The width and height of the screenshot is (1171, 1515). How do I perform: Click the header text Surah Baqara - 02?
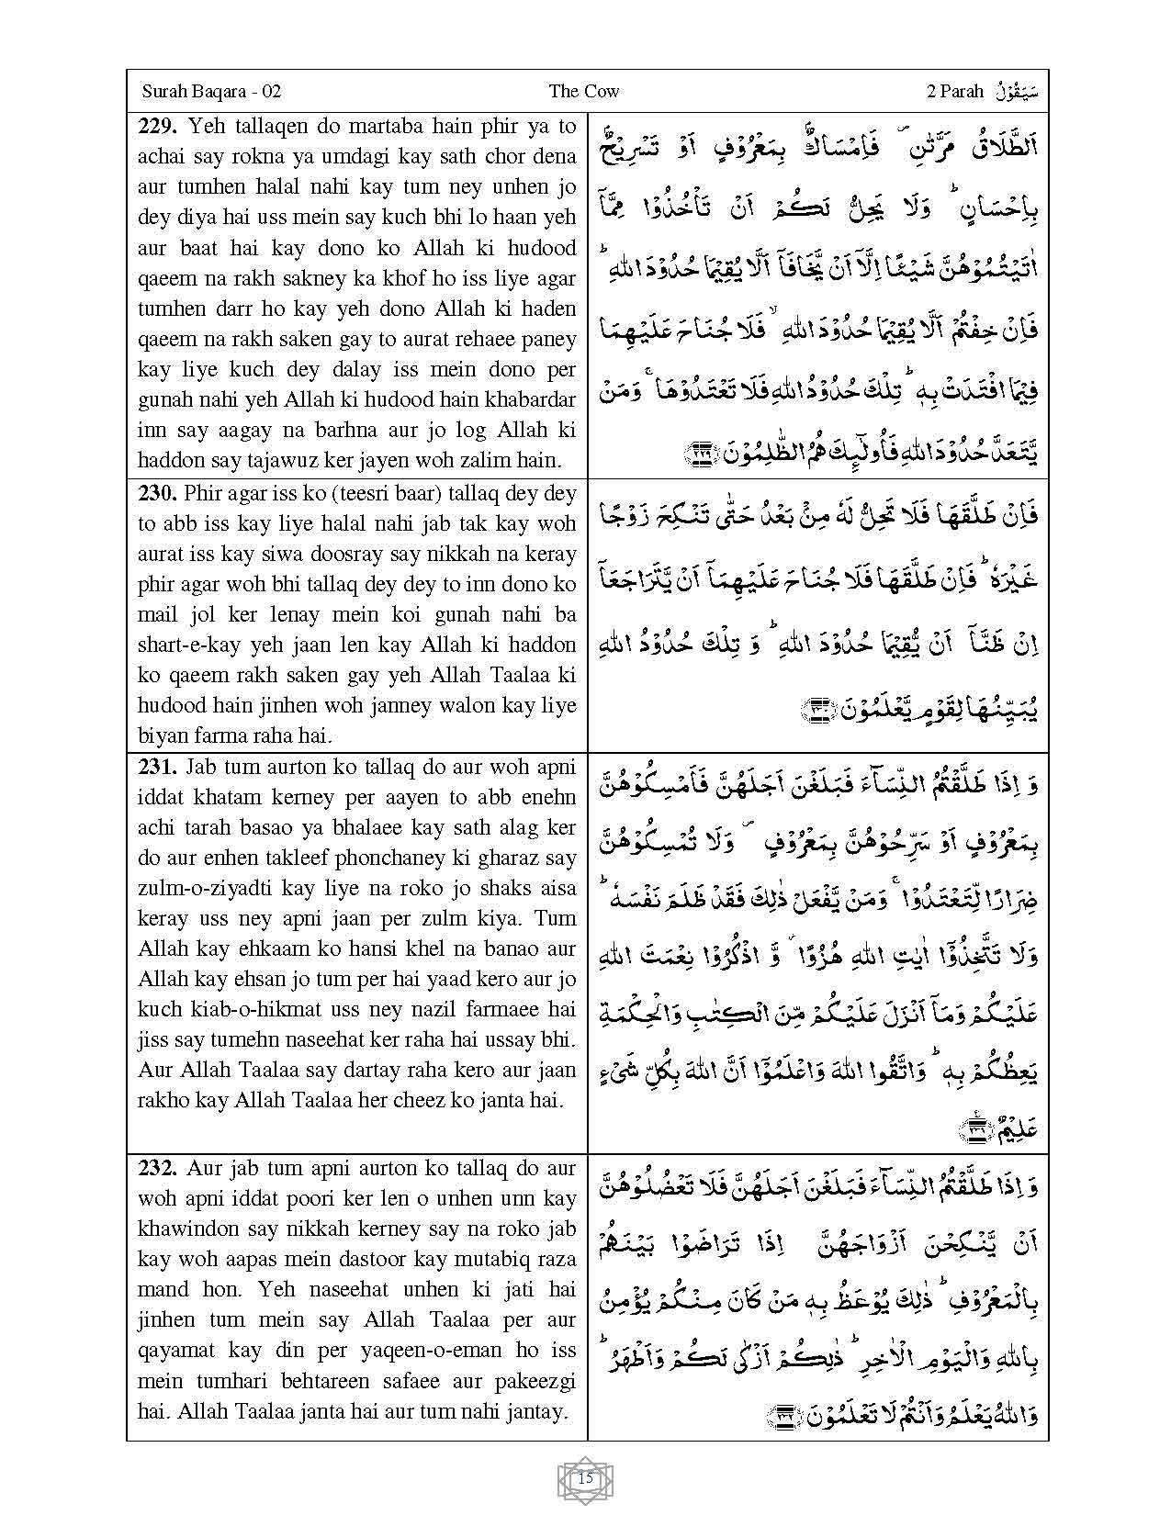point(211,92)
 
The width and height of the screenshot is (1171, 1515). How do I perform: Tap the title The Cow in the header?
point(584,92)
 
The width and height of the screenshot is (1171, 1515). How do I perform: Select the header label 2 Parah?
point(955,92)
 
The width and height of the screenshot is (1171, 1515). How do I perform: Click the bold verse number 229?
point(158,127)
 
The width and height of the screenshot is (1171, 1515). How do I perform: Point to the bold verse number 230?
point(158,493)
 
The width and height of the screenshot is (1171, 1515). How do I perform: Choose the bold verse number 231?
point(158,767)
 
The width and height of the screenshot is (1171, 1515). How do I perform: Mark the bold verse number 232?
point(158,1168)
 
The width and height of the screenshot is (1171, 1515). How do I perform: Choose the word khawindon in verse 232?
point(192,1229)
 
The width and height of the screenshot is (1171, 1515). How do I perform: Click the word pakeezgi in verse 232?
point(533,1380)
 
